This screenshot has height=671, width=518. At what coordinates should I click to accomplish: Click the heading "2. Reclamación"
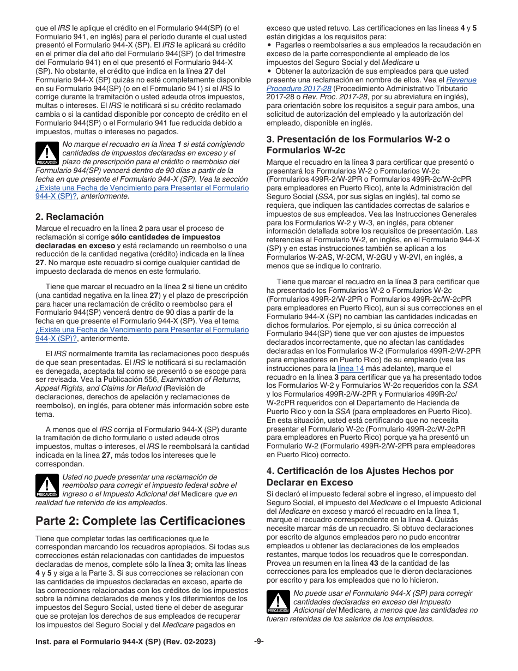[69, 217]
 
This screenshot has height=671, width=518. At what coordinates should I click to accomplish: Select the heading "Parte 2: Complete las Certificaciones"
[140, 520]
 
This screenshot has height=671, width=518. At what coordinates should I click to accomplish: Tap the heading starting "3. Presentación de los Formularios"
[358, 145]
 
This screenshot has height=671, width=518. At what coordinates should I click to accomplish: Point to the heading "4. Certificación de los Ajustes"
[360, 476]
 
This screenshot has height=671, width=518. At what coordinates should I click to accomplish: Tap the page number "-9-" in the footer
[259, 641]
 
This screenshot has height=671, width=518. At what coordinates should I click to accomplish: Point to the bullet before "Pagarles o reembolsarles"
[269, 45]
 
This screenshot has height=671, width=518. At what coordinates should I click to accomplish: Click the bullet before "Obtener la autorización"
[269, 71]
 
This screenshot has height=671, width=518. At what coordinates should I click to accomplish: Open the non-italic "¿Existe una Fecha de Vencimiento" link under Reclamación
[142, 330]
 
